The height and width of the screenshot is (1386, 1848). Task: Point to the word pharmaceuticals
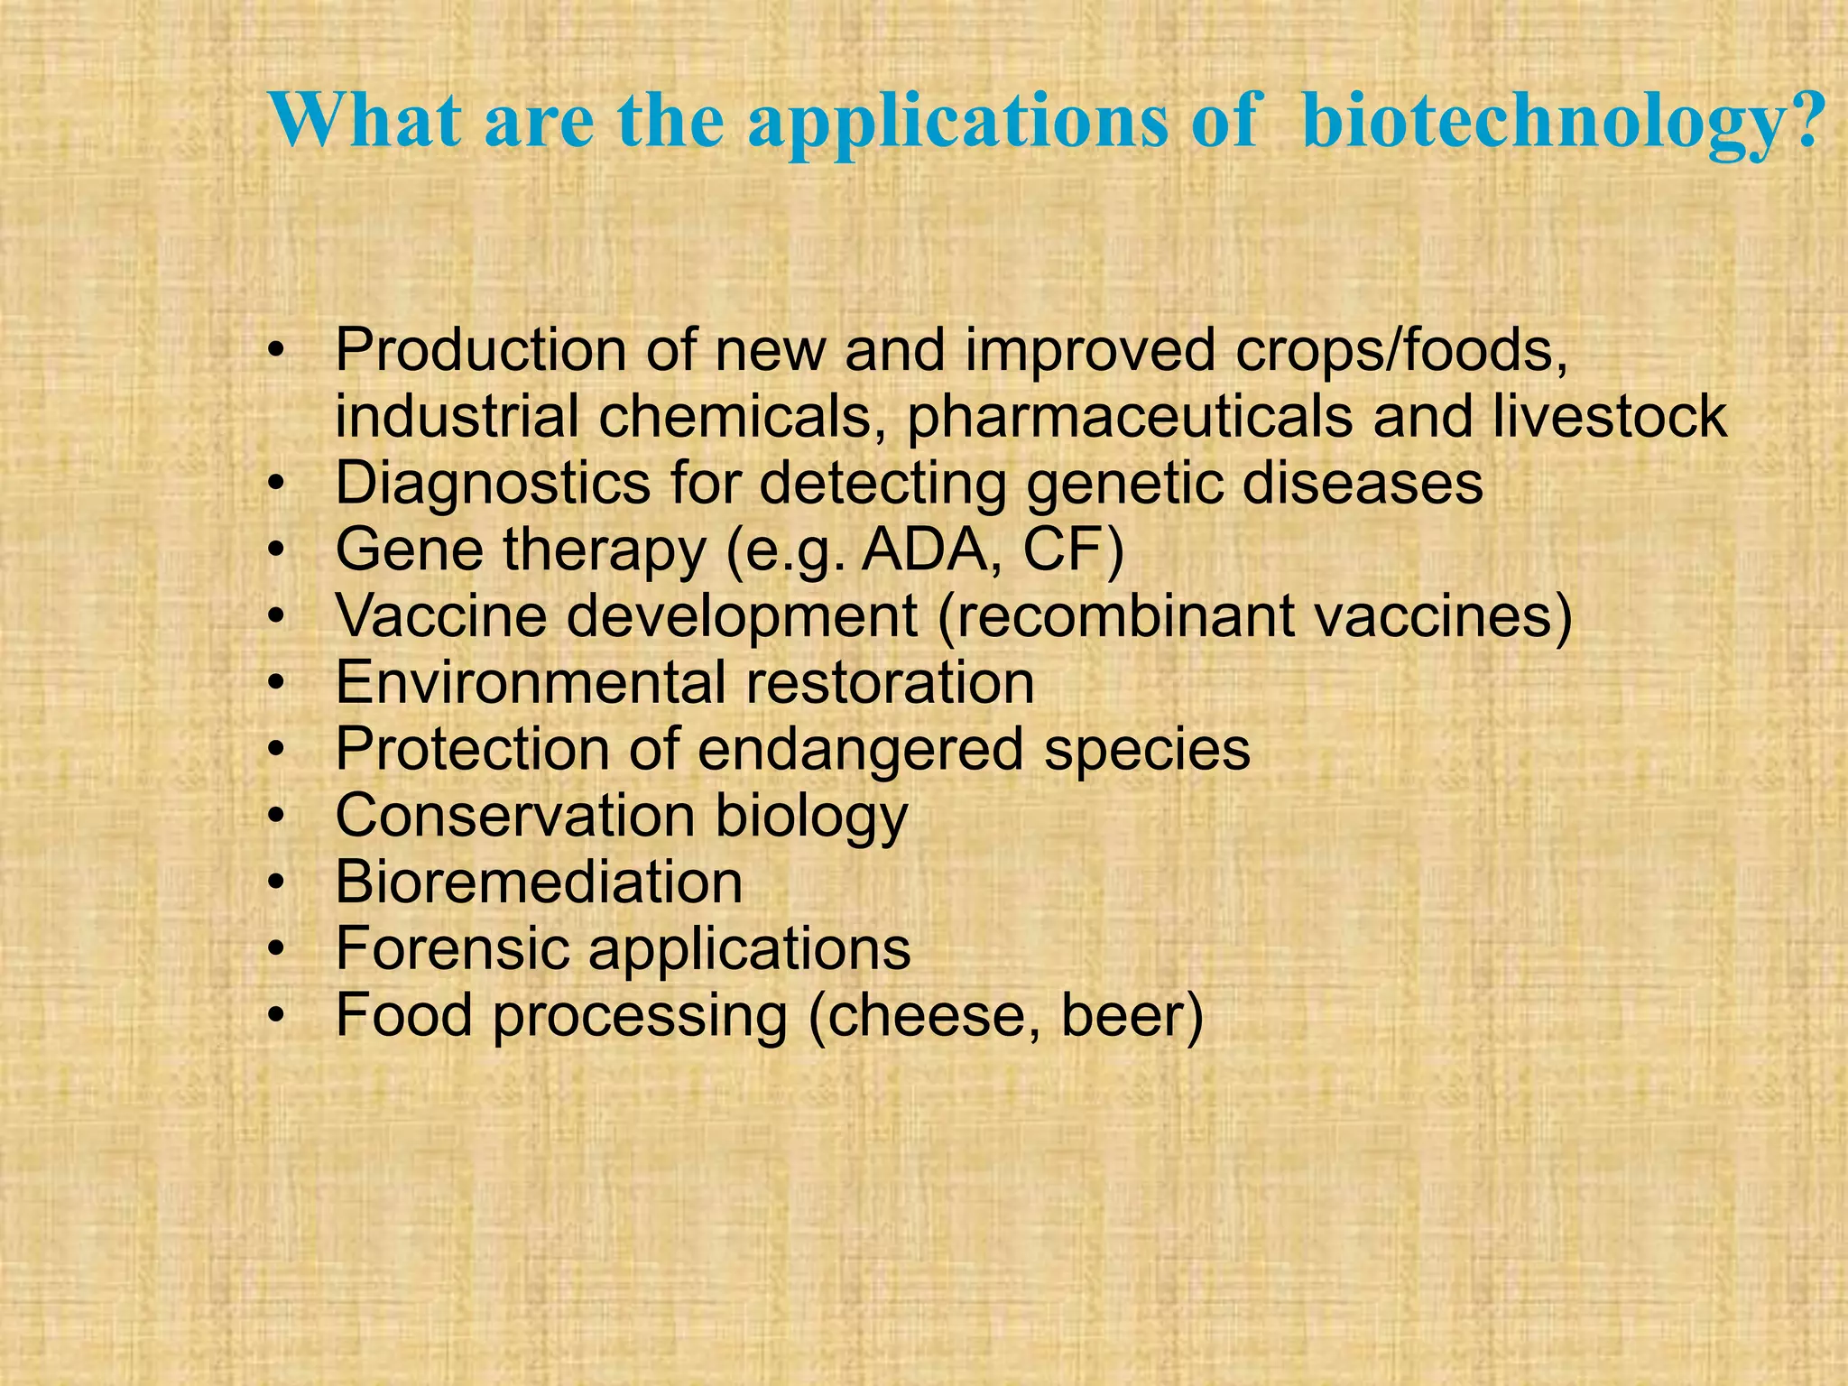1129,417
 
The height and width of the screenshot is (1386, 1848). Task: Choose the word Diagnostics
492,484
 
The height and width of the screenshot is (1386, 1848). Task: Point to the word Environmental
531,683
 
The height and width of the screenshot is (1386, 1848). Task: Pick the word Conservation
514,816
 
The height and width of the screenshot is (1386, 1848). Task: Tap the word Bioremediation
539,882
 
